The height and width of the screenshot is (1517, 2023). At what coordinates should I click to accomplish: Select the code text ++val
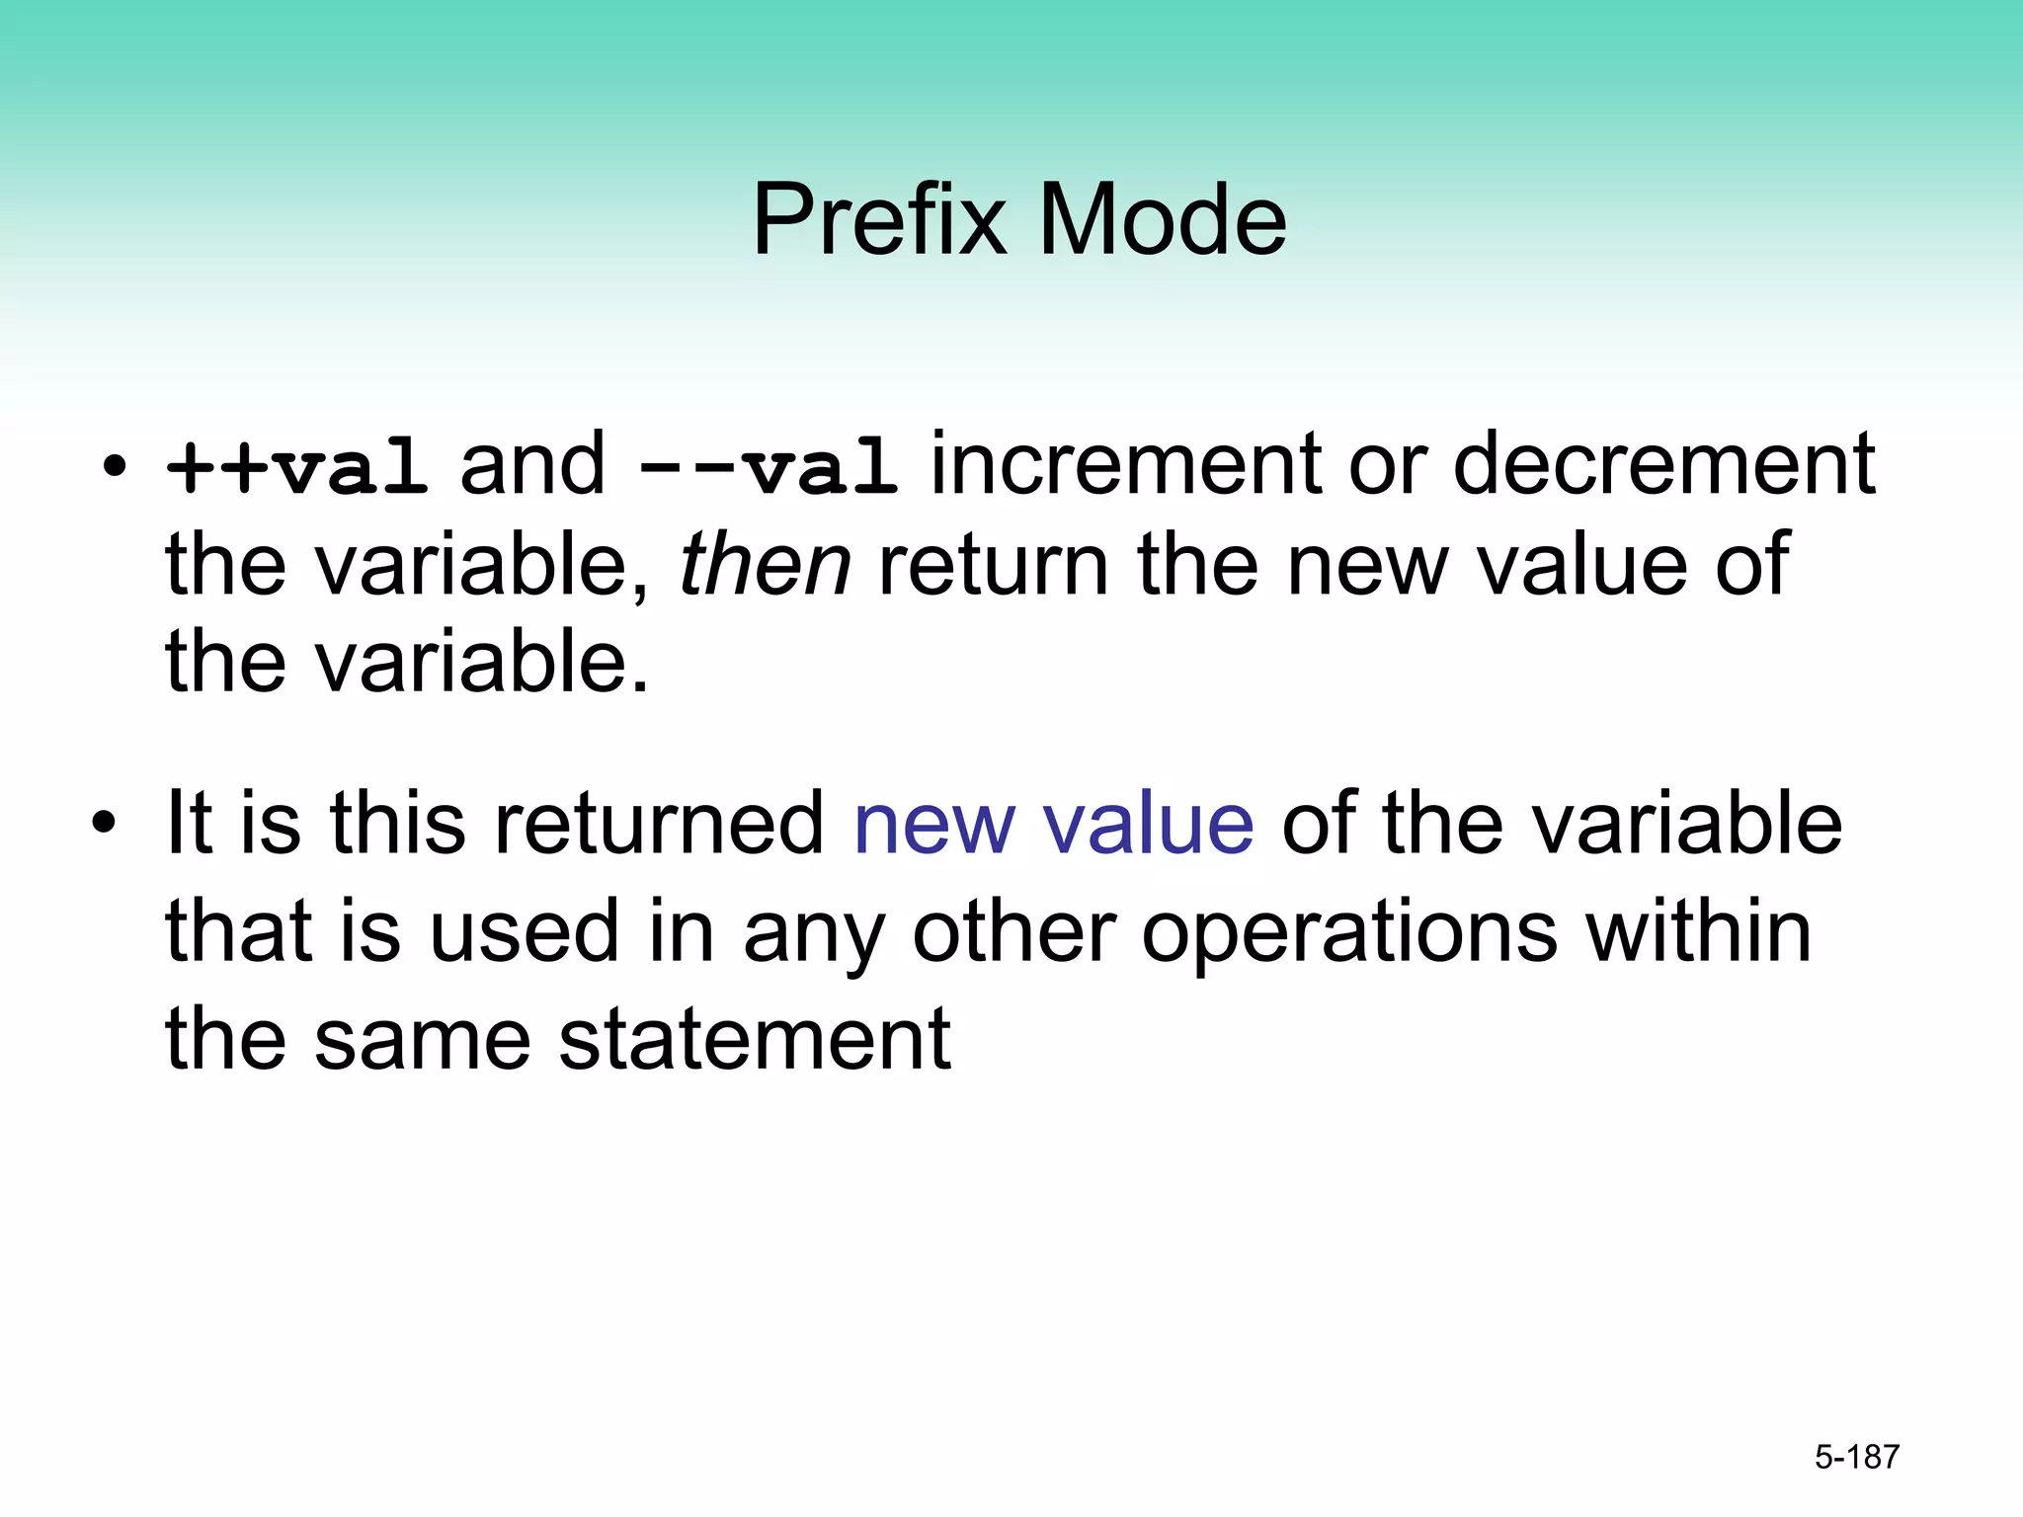[296, 467]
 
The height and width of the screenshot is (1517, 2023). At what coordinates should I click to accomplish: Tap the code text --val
[768, 467]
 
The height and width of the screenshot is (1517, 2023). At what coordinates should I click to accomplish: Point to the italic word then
[765, 564]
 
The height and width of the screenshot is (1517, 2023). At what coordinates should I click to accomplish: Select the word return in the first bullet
[993, 564]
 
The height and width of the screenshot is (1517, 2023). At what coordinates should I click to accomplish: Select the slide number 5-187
[1857, 1457]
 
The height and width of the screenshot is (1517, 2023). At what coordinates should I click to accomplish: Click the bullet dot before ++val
[115, 466]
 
